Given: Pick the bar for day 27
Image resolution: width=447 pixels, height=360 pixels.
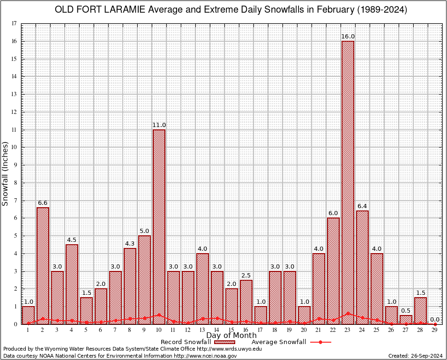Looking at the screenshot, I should click(x=406, y=320).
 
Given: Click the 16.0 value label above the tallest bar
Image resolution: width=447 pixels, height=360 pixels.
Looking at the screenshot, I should click(x=348, y=37).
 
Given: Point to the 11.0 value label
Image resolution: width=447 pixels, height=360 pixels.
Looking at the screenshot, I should click(x=159, y=125).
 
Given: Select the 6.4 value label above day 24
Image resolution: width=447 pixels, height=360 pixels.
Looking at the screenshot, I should click(x=362, y=206).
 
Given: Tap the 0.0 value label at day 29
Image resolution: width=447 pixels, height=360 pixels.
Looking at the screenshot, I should click(x=435, y=320).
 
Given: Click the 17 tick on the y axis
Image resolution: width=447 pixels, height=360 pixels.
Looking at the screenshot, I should click(x=15, y=23).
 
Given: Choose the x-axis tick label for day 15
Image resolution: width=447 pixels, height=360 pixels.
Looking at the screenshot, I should click(x=231, y=330).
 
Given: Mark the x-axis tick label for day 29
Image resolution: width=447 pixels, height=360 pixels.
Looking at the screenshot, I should click(x=435, y=330).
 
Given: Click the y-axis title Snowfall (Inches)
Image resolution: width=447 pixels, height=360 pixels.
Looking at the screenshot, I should click(x=6, y=173).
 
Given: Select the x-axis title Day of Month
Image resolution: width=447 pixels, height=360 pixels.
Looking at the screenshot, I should click(x=231, y=336).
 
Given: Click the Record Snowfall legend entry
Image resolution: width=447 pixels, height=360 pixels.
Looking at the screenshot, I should click(x=186, y=342).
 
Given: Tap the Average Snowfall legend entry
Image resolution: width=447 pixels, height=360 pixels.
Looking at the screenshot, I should click(x=278, y=342).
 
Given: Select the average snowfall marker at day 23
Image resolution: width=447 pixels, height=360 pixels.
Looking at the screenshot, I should click(x=348, y=313).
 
